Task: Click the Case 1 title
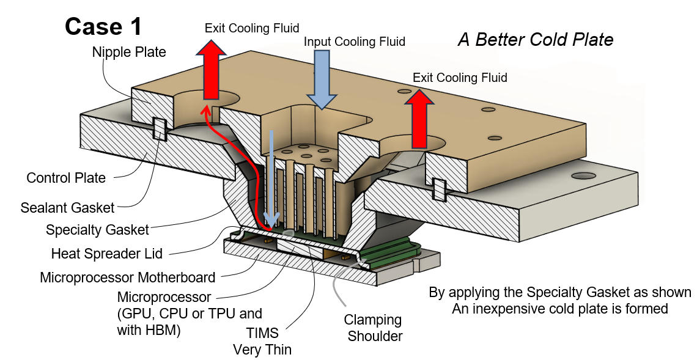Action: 103,26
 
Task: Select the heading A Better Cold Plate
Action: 535,40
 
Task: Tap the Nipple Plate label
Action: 129,52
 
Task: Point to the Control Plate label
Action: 66,178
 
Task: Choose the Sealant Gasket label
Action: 67,208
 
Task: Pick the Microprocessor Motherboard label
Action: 127,277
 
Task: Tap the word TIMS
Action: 261,334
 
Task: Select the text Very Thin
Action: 262,350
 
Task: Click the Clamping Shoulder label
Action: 372,328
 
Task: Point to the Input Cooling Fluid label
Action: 355,42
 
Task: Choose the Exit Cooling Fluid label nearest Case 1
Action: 252,28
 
